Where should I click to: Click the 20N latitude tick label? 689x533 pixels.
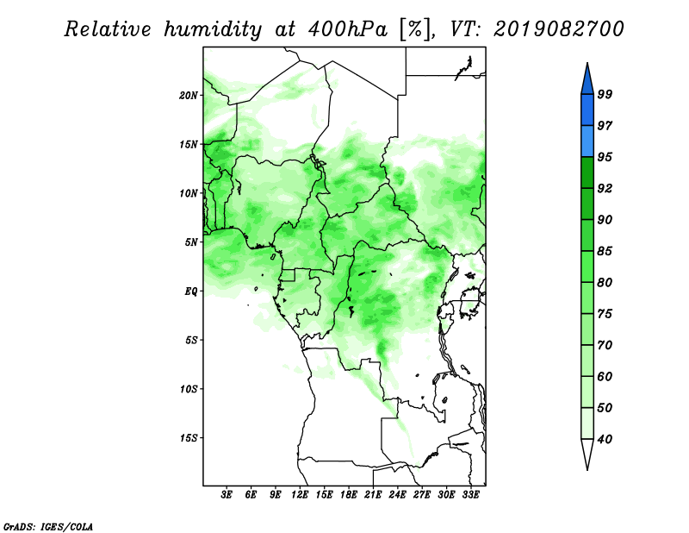tap(189, 96)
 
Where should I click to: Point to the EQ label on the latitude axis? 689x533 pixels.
tap(190, 292)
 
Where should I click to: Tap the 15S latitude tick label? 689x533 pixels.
tap(189, 438)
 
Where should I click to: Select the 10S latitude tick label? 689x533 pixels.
tap(189, 389)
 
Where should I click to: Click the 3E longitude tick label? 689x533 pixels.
tap(227, 495)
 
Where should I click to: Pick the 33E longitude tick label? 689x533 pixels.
tap(470, 495)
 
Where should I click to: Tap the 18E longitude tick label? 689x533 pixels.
tap(349, 495)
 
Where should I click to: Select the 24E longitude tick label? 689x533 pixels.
tap(397, 495)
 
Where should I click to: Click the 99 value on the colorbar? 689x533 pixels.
tap(605, 94)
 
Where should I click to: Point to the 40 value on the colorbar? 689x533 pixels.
tap(605, 439)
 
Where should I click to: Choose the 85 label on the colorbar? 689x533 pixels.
tap(605, 251)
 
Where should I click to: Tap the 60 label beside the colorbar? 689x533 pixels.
tap(605, 376)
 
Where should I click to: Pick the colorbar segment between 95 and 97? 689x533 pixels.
tap(587, 141)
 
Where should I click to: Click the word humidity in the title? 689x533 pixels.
tap(213, 30)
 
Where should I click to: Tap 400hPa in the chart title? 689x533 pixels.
tap(349, 29)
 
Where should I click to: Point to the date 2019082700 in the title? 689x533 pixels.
tap(559, 29)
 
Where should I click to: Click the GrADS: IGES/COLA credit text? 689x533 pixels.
tap(48, 526)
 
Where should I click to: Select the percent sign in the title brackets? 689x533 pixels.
tap(414, 29)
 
